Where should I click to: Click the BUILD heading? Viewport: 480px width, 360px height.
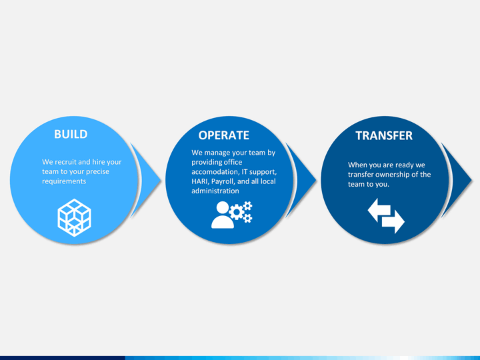pos(71,134)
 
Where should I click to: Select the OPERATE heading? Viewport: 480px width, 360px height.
pos(224,135)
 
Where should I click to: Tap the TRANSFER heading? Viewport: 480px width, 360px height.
pos(384,135)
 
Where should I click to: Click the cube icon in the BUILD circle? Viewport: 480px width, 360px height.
pos(75,217)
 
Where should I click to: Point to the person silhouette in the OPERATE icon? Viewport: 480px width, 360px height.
pos(222,216)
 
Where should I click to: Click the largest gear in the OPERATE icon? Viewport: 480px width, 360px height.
pos(236,212)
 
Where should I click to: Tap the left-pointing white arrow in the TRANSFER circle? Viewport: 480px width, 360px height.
pos(379,210)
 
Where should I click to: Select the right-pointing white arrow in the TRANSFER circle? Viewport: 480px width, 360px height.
pos(393,221)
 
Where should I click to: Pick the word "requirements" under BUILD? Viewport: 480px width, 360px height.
pos(64,181)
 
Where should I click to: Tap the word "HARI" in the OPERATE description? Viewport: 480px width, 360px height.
pos(199,181)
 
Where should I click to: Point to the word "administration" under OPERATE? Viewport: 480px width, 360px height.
pos(215,191)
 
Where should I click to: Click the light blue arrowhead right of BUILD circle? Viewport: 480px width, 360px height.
pos(146,180)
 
